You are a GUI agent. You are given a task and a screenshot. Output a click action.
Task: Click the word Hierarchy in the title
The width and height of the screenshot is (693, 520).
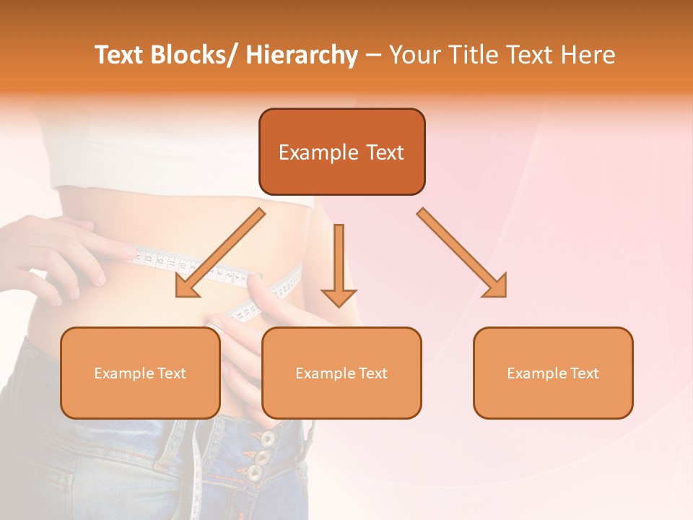[302, 55]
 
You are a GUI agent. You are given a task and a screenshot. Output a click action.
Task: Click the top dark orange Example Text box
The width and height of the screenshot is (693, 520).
[341, 152]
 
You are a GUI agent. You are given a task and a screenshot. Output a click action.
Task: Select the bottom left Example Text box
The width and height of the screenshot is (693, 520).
[140, 373]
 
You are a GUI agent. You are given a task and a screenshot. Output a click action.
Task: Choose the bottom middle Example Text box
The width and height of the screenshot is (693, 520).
[341, 373]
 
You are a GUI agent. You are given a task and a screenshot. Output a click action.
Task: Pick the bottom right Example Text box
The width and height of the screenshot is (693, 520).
[553, 373]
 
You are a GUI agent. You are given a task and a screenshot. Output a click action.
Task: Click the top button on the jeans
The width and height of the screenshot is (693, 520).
[268, 438]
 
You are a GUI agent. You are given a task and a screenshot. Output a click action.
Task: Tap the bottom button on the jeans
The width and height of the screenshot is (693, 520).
[255, 474]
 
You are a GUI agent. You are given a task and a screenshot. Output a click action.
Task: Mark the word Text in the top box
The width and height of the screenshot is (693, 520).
[383, 152]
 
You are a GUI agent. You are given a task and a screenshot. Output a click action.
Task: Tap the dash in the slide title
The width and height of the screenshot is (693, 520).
[373, 55]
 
